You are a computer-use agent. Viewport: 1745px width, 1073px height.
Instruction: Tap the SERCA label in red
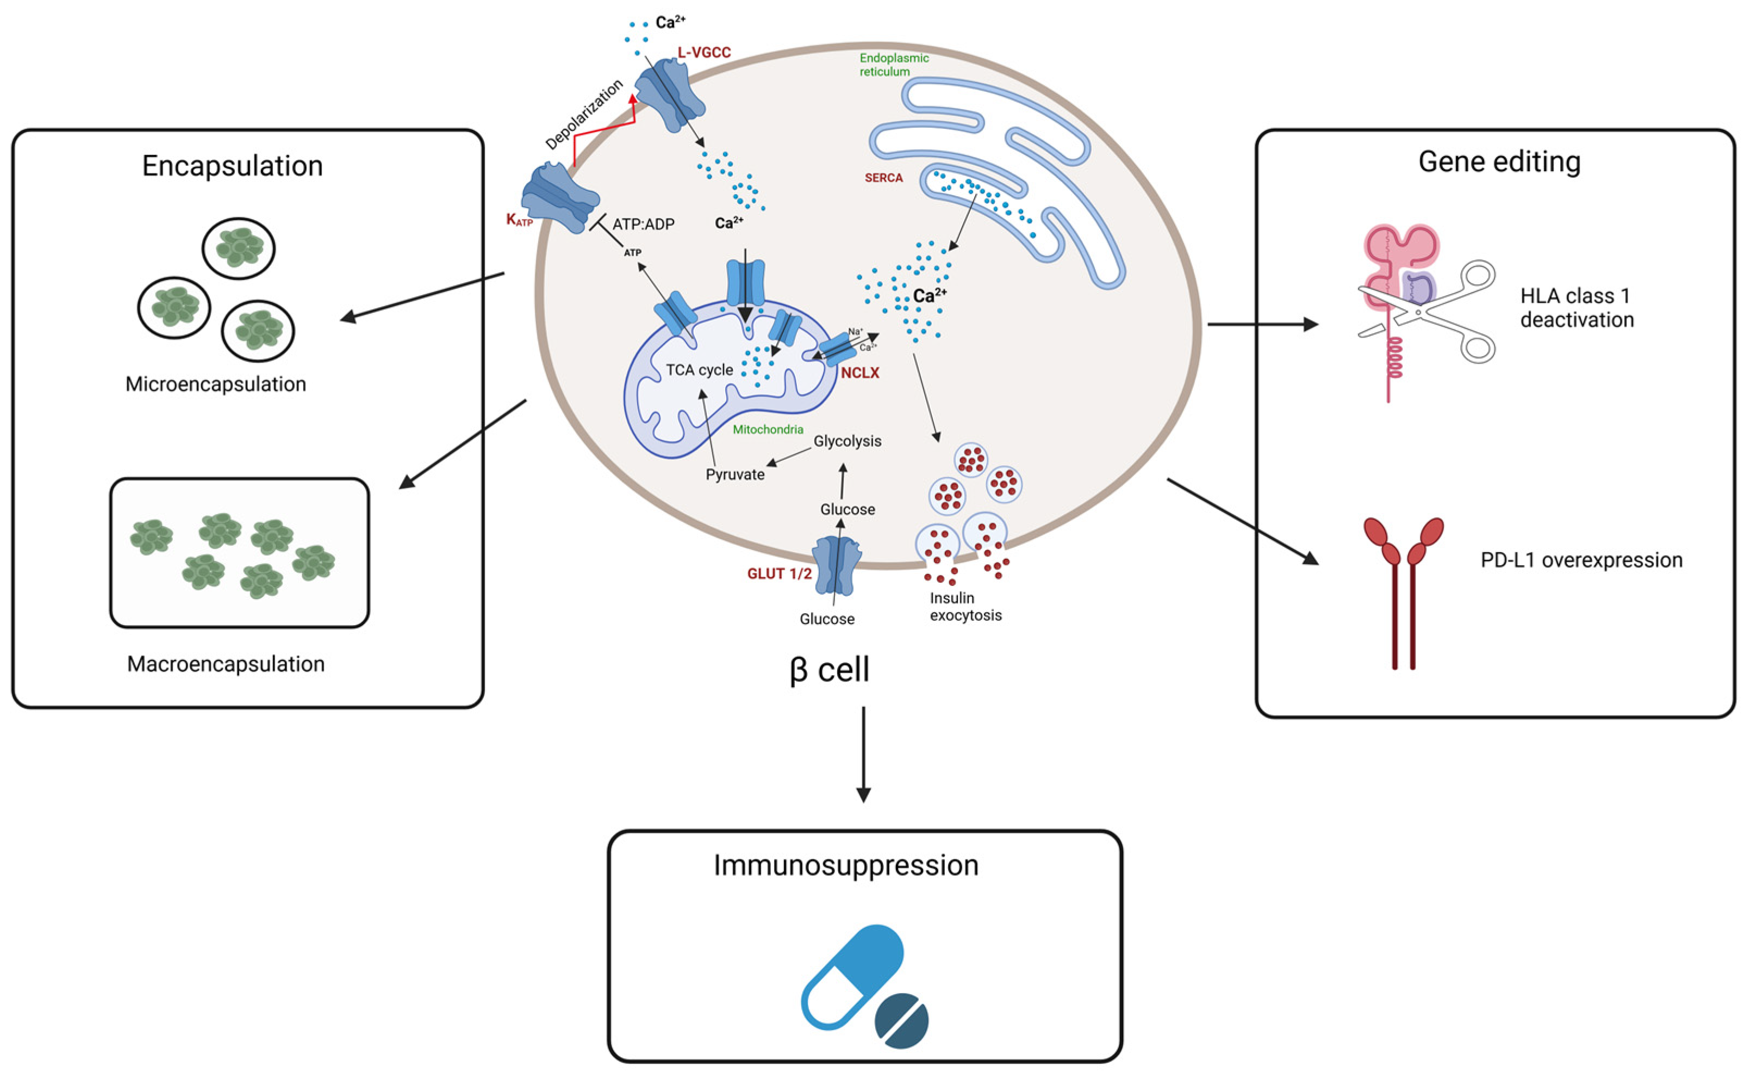[x=883, y=177]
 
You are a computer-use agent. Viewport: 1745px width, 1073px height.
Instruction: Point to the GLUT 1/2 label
[x=779, y=573]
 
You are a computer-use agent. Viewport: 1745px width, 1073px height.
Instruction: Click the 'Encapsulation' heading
[x=233, y=166]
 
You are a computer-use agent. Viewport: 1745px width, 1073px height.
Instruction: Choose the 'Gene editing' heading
[x=1499, y=163]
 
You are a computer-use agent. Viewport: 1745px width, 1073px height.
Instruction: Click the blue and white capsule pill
[x=851, y=976]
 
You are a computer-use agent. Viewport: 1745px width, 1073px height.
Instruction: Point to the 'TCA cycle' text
[x=699, y=370]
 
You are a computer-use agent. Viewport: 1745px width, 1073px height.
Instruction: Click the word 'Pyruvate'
[x=735, y=474]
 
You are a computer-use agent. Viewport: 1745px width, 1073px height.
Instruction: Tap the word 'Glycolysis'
[x=847, y=441]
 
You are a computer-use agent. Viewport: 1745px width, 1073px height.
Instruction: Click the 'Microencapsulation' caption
[x=216, y=384]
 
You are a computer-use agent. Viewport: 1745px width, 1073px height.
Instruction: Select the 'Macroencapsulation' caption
[x=226, y=664]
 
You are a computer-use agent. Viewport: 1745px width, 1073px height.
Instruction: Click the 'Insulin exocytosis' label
[x=966, y=606]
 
